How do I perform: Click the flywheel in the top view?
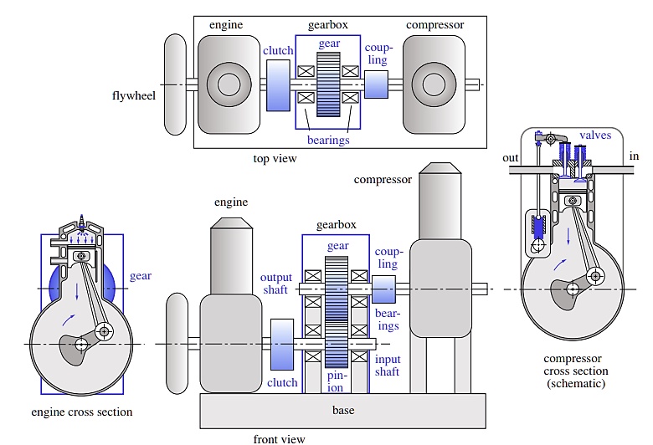click(176, 84)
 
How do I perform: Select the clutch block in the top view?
click(278, 85)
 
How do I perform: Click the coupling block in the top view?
click(377, 84)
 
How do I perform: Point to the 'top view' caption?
click(274, 158)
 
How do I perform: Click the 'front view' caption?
click(279, 438)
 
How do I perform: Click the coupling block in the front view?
click(383, 289)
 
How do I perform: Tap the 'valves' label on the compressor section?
click(595, 135)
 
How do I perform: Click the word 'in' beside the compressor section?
click(633, 157)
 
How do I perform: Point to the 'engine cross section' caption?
click(81, 412)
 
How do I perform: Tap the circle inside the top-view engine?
click(228, 84)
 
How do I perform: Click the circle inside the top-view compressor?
click(434, 84)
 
